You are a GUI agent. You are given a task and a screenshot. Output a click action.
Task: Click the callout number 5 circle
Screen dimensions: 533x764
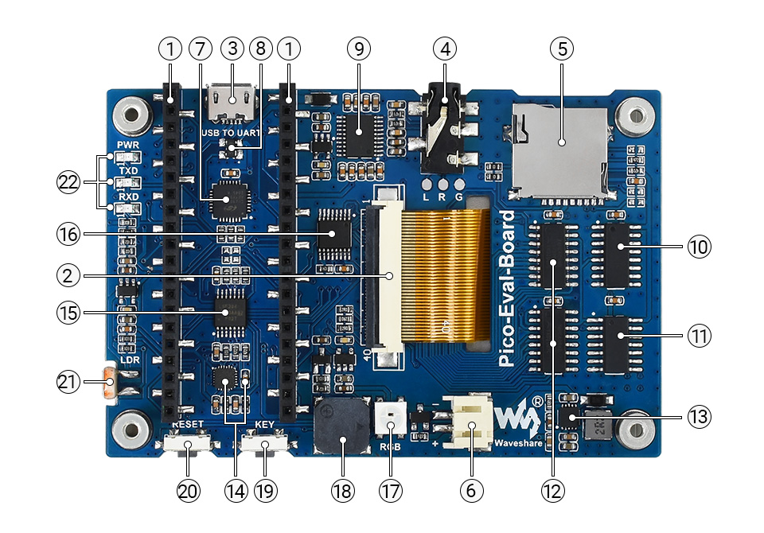tap(561, 49)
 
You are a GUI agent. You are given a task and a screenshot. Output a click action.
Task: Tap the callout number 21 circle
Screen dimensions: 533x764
tap(68, 382)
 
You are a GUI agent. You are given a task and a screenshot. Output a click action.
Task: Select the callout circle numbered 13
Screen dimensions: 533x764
tap(699, 416)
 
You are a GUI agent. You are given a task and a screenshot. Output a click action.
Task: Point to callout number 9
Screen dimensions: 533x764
tap(359, 49)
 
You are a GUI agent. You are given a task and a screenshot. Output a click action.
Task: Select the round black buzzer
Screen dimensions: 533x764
tap(342, 426)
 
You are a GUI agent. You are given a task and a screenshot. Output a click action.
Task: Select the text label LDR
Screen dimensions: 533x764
tap(130, 360)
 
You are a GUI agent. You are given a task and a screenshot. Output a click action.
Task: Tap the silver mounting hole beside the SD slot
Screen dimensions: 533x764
tap(635, 114)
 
